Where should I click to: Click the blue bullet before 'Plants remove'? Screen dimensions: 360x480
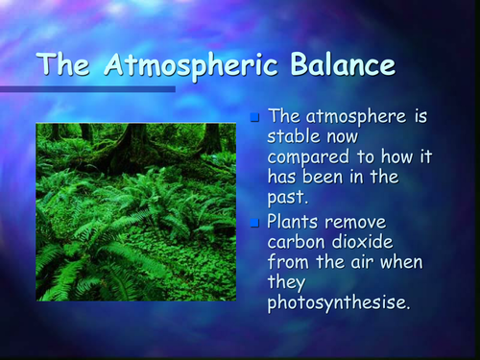click(x=254, y=223)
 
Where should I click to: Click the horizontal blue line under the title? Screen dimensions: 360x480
click(x=86, y=89)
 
